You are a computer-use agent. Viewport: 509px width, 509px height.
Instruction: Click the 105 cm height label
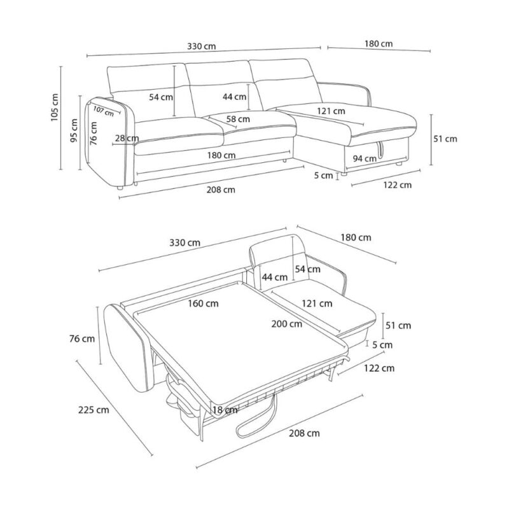55,108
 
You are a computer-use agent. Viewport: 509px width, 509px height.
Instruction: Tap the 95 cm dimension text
74,130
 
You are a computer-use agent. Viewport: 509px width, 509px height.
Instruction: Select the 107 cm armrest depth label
104,111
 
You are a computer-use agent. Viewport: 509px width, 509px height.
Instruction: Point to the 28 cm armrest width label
127,138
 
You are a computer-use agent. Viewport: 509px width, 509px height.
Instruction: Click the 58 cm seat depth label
238,119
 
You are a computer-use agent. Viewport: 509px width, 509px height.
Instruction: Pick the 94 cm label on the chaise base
365,158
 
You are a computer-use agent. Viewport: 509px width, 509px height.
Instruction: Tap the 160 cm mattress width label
203,303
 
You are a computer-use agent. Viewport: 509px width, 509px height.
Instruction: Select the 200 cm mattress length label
287,324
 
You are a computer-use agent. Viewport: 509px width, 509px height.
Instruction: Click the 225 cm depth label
94,410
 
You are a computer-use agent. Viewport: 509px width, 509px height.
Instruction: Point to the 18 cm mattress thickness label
225,410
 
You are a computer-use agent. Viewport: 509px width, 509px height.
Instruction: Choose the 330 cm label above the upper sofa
201,46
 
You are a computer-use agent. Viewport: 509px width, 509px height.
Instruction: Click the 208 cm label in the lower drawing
304,433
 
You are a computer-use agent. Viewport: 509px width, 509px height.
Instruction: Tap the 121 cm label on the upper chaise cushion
331,111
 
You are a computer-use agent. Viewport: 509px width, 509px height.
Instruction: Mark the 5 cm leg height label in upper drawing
324,176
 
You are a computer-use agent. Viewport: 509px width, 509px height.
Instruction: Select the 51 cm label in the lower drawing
398,325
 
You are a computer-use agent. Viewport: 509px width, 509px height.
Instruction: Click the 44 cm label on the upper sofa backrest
234,97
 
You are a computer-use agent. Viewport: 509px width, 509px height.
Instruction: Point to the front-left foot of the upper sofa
120,188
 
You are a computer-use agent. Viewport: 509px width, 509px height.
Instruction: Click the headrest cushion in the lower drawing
277,246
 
